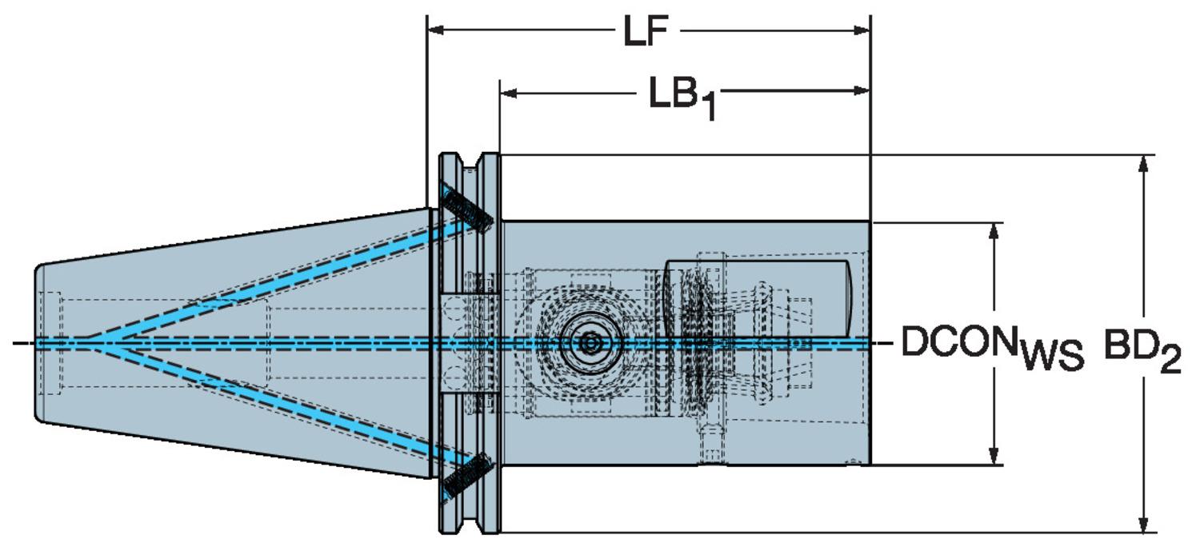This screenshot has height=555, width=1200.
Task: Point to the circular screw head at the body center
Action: pos(590,343)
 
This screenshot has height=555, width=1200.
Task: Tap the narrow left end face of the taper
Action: pos(37,344)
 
